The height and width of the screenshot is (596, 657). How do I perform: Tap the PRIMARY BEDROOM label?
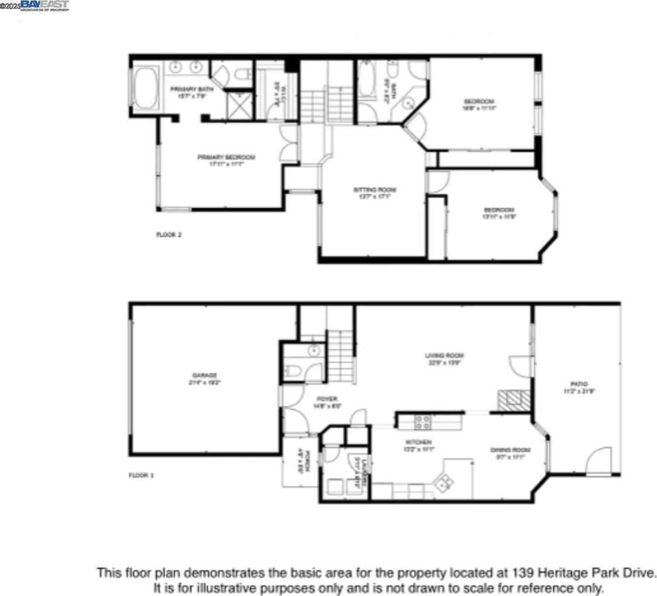(x=226, y=157)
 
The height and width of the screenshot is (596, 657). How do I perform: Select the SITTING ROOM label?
(x=375, y=190)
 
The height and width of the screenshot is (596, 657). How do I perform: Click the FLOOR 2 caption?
(x=169, y=235)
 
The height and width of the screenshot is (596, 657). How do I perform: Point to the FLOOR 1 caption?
(x=141, y=476)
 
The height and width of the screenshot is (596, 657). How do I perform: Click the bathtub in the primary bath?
(x=147, y=87)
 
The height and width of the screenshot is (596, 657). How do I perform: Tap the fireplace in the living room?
(x=514, y=401)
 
